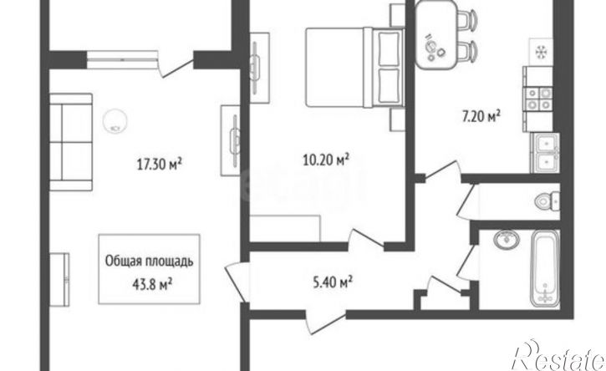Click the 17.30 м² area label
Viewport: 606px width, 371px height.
pyautogui.click(x=160, y=165)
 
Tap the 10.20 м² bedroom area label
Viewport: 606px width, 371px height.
pyautogui.click(x=326, y=160)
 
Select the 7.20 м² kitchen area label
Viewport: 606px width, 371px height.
pyautogui.click(x=481, y=116)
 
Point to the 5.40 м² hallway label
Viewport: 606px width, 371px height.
pyautogui.click(x=333, y=282)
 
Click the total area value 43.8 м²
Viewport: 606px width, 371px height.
pyautogui.click(x=152, y=285)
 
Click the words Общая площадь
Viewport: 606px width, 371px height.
pyautogui.click(x=149, y=262)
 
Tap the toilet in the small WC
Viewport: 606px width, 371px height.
pyautogui.click(x=547, y=201)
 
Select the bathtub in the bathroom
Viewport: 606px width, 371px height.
pyautogui.click(x=544, y=268)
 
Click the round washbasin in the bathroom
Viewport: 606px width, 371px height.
pyautogui.click(x=507, y=239)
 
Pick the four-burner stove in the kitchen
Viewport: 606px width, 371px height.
pyautogui.click(x=537, y=99)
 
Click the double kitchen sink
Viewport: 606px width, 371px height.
pyautogui.click(x=545, y=153)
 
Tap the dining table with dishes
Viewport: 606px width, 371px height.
pyautogui.click(x=435, y=35)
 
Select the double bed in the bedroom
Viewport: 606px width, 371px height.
pyautogui.click(x=354, y=67)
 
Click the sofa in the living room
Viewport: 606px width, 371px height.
pyautogui.click(x=71, y=142)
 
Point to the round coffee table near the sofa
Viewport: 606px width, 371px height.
pyautogui.click(x=115, y=121)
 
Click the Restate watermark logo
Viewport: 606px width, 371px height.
pyautogui.click(x=558, y=356)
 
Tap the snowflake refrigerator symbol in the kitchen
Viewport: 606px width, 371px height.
pyautogui.click(x=540, y=52)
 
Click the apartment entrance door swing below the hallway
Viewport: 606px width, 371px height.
pyautogui.click(x=325, y=320)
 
